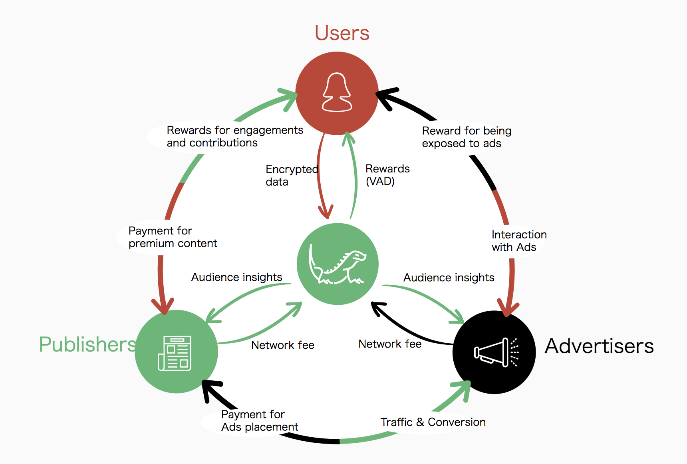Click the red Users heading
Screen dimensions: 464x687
[342, 33]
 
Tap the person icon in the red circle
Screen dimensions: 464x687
[337, 92]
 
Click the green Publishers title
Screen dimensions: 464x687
[87, 344]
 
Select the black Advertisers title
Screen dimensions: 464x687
[599, 346]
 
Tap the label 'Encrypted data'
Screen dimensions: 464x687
[292, 175]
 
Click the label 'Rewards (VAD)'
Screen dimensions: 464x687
[387, 175]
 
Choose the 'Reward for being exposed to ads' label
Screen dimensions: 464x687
[466, 137]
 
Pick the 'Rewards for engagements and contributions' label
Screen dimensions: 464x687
[235, 136]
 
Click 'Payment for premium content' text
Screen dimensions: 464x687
[173, 237]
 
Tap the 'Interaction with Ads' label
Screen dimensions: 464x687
[519, 240]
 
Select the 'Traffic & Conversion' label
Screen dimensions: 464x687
[433, 422]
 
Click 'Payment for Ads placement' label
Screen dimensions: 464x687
[260, 420]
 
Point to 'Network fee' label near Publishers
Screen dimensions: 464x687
[283, 345]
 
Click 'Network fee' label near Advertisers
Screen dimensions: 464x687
[390, 344]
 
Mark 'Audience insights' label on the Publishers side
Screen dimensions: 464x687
[236, 277]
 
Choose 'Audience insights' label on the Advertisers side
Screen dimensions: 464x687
[449, 277]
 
